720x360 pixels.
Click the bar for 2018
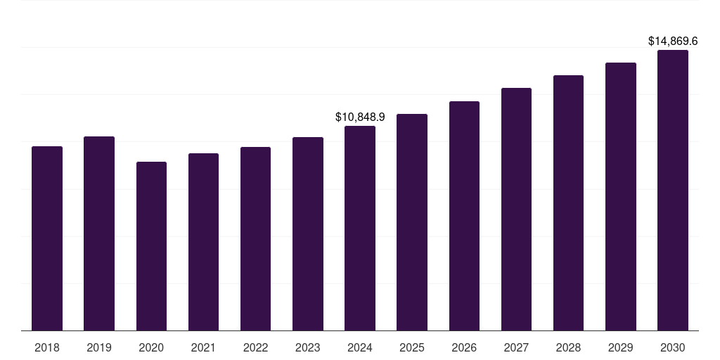pyautogui.click(x=47, y=238)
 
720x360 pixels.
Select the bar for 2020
pyautogui.click(x=151, y=246)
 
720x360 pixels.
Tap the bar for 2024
pyautogui.click(x=360, y=229)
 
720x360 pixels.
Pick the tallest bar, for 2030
pyautogui.click(x=673, y=191)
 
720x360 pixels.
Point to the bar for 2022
pyautogui.click(x=255, y=239)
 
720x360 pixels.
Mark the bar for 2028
pyautogui.click(x=568, y=203)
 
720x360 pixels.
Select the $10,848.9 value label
pyautogui.click(x=360, y=117)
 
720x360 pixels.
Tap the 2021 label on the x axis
pyautogui.click(x=203, y=347)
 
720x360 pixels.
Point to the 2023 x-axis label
pyautogui.click(x=307, y=347)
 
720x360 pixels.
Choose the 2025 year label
pyautogui.click(x=412, y=347)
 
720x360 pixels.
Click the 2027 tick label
pyautogui.click(x=516, y=347)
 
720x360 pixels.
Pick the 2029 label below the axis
pyautogui.click(x=620, y=347)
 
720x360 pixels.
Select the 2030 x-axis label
pyautogui.click(x=673, y=347)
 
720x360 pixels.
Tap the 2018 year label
pyautogui.click(x=47, y=347)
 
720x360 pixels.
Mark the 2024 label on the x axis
pyautogui.click(x=360, y=347)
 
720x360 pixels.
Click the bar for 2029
pyautogui.click(x=621, y=197)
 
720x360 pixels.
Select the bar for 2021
pyautogui.click(x=203, y=242)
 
